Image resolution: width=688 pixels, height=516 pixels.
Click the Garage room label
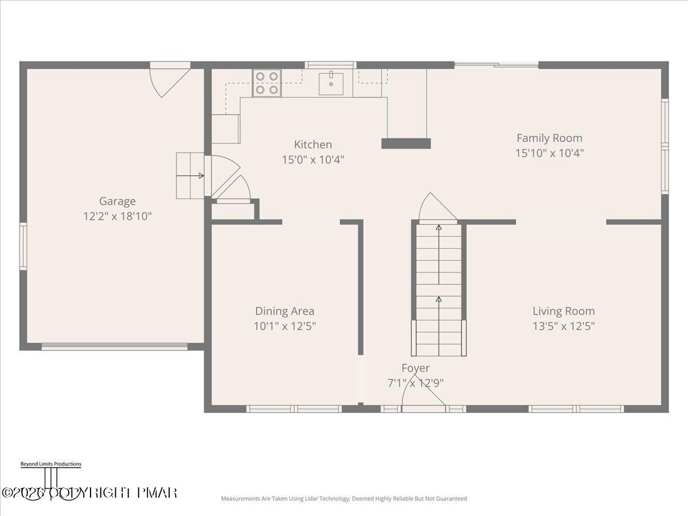[118, 201]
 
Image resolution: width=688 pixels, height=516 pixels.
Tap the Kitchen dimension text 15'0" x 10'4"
[313, 160]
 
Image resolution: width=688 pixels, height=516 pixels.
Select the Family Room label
[549, 138]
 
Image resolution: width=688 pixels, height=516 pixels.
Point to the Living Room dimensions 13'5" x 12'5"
[564, 326]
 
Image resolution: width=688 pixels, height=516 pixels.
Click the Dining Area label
[285, 311]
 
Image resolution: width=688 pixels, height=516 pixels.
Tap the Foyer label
[415, 368]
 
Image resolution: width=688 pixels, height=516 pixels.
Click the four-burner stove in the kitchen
[267, 83]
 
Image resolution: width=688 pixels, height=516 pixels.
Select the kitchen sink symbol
[331, 83]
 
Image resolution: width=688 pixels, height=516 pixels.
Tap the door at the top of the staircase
[437, 209]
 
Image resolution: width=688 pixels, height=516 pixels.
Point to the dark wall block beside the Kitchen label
[406, 143]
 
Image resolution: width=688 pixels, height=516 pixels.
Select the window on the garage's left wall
[23, 246]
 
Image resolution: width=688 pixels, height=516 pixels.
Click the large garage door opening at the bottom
[115, 346]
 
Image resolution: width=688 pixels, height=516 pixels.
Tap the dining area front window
[294, 409]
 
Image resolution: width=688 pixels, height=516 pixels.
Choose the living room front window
[576, 409]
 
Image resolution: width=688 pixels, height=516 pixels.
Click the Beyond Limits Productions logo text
[50, 464]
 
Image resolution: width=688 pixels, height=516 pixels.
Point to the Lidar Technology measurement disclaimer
[344, 499]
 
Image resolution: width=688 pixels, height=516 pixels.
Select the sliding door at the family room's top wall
[497, 65]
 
